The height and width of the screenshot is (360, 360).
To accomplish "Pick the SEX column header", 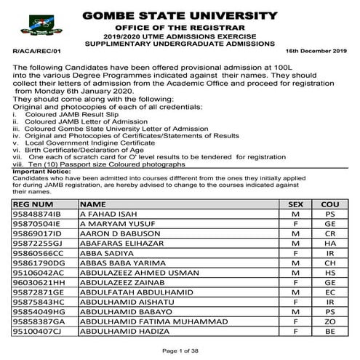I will coord(296,204).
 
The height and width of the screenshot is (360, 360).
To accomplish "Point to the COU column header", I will coord(331,204).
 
